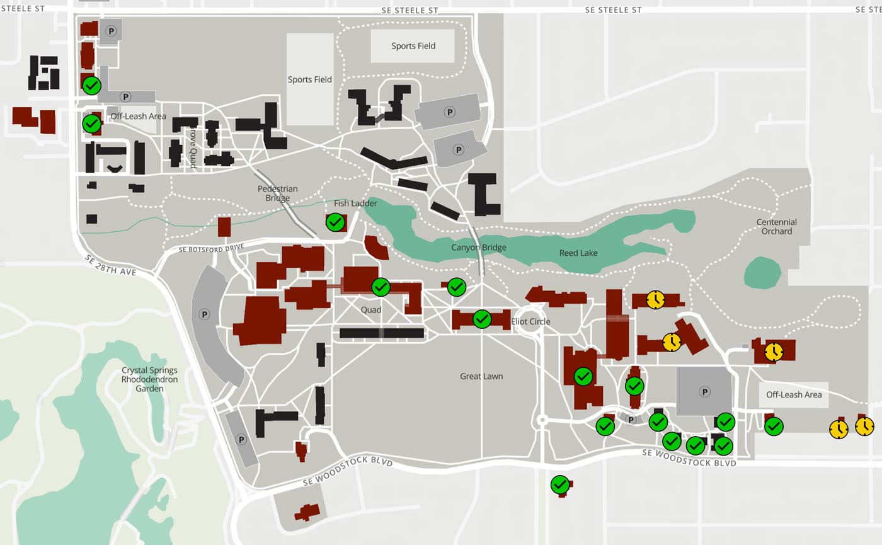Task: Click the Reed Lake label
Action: coord(578,253)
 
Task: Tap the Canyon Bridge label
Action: coord(478,248)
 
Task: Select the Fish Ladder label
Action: coord(355,204)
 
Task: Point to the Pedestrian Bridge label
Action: coord(277,193)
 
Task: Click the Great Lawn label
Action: coord(481,377)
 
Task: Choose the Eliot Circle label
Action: coord(530,322)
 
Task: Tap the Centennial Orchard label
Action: coord(776,227)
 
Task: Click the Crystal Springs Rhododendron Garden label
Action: coord(149,379)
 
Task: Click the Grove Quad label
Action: coord(193,149)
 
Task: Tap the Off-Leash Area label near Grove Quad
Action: coord(138,117)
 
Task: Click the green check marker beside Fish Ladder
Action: coord(335,222)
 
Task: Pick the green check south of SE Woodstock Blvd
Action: coord(560,485)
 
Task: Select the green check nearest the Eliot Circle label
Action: coord(482,319)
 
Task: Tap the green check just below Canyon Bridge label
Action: coord(457,287)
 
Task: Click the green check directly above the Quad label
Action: coord(381,287)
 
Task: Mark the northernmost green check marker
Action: coord(91,85)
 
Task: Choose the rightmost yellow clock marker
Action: coord(864,427)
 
